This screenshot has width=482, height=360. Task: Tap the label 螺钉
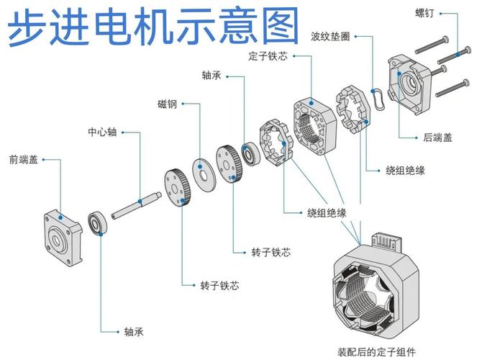pos(424,13)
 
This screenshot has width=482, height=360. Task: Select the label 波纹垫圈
pos(330,35)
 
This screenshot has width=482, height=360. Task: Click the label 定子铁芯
pos(268,55)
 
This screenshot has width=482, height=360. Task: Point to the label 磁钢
pos(167,104)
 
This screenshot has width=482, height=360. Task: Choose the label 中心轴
pos(102,132)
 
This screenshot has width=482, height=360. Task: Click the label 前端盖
pos(23,158)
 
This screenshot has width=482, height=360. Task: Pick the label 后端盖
pos(437,138)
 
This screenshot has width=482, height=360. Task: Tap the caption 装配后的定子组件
pos(376,352)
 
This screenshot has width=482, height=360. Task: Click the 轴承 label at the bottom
pos(134,331)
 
